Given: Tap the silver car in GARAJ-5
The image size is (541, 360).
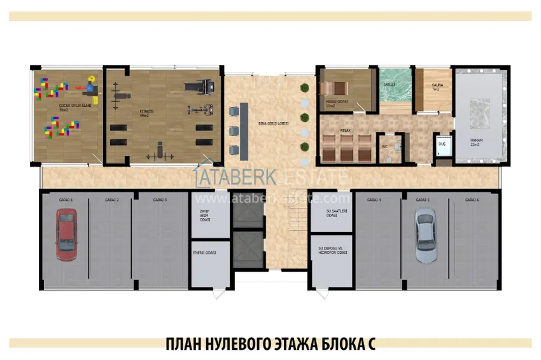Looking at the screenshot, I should [x=425, y=235].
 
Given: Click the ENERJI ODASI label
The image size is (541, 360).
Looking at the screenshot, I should [x=204, y=253].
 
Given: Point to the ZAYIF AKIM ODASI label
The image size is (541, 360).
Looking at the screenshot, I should [x=204, y=215].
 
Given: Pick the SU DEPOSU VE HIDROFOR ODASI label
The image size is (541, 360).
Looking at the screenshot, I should [x=332, y=250].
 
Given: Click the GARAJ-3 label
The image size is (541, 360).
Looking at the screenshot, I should [x=160, y=200].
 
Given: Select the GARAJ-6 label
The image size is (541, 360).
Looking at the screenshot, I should [x=472, y=200].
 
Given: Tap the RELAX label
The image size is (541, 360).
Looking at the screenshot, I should [x=346, y=130].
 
